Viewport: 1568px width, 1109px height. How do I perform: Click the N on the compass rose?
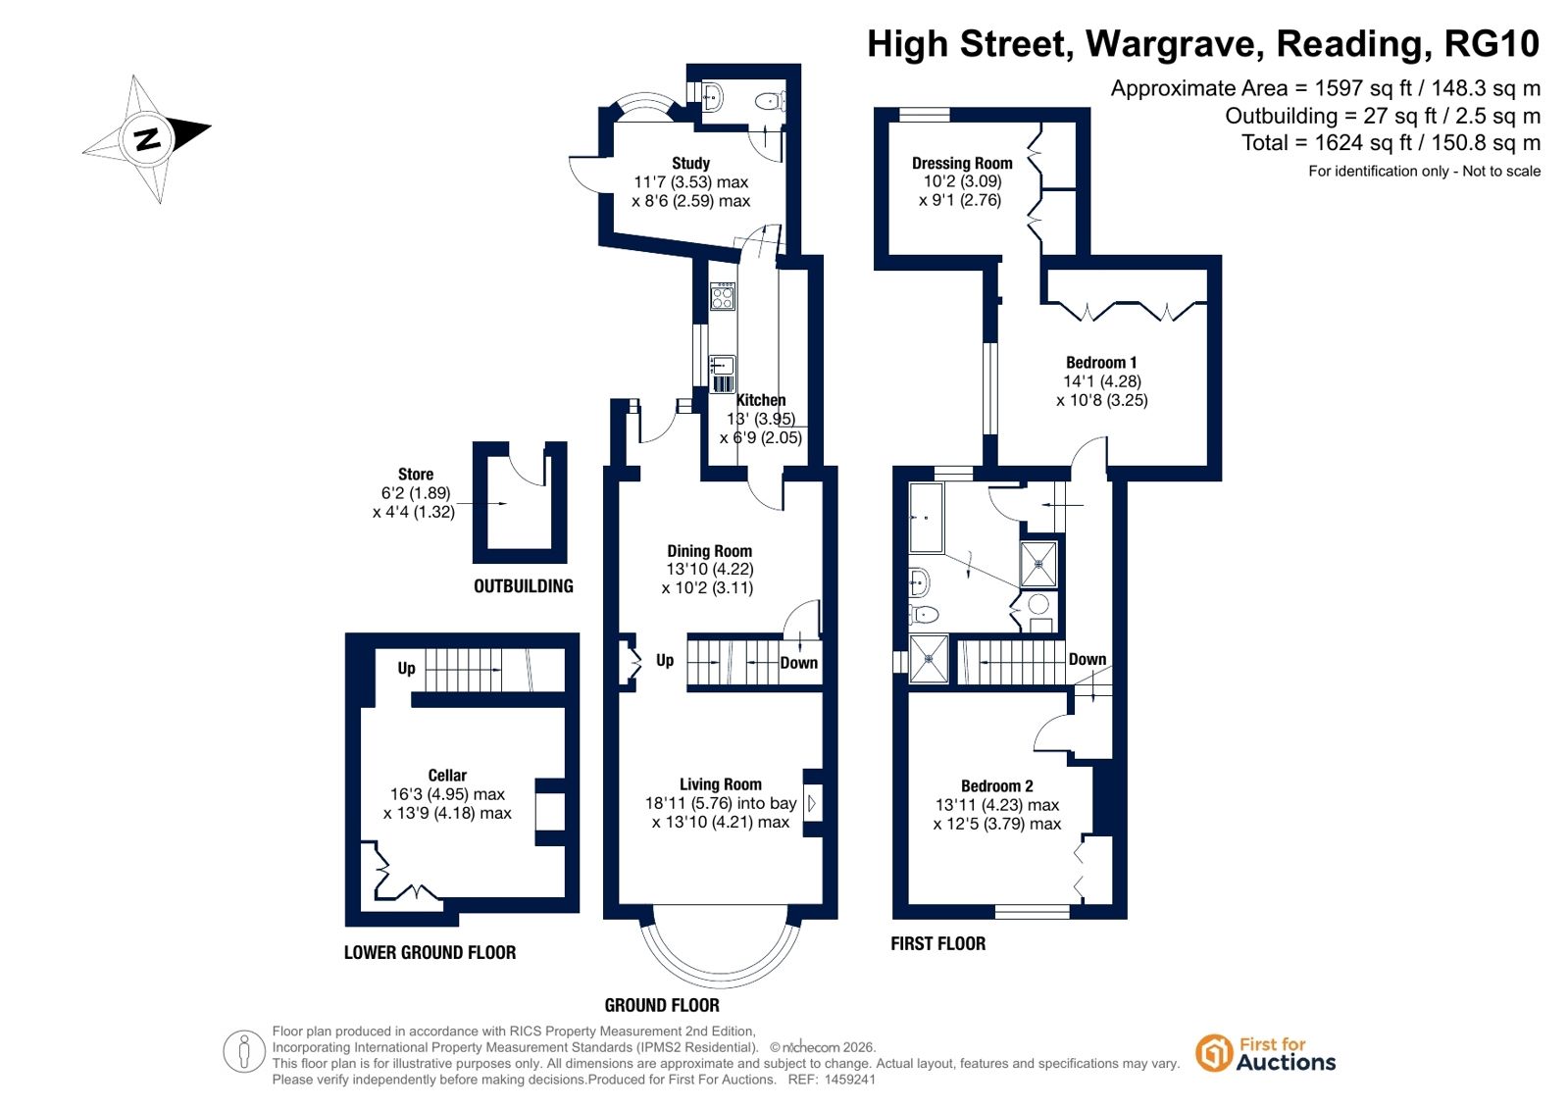pyautogui.click(x=148, y=138)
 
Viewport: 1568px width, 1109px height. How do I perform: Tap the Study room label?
pyautogui.click(x=691, y=163)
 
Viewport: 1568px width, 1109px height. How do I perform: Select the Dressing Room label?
pyautogui.click(x=962, y=163)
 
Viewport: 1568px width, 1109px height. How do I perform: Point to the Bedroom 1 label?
pyautogui.click(x=1101, y=363)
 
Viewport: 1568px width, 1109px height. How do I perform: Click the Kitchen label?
pyautogui.click(x=761, y=400)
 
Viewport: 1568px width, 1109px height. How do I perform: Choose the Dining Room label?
pyautogui.click(x=709, y=551)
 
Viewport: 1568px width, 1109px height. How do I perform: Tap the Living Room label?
pyautogui.click(x=721, y=784)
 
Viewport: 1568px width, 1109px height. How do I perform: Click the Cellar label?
pyautogui.click(x=447, y=775)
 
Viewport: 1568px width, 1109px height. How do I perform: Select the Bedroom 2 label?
pyautogui.click(x=997, y=785)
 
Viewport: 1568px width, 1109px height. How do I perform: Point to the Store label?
pyautogui.click(x=416, y=474)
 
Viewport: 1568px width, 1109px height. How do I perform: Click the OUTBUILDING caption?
pyautogui.click(x=524, y=586)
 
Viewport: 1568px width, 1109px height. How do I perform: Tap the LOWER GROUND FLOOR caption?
pyautogui.click(x=430, y=952)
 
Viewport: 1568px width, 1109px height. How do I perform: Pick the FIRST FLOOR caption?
pyautogui.click(x=938, y=943)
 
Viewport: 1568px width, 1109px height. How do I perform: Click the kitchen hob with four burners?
pyautogui.click(x=723, y=296)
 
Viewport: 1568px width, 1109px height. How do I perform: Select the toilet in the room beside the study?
pyautogui.click(x=771, y=102)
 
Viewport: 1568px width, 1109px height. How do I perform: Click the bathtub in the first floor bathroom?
pyautogui.click(x=926, y=518)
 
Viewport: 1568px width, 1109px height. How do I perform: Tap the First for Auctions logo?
pyautogui.click(x=1265, y=1053)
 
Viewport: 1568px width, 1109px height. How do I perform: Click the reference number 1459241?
pyautogui.click(x=850, y=1079)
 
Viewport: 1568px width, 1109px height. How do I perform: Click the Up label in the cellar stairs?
pyautogui.click(x=407, y=668)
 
